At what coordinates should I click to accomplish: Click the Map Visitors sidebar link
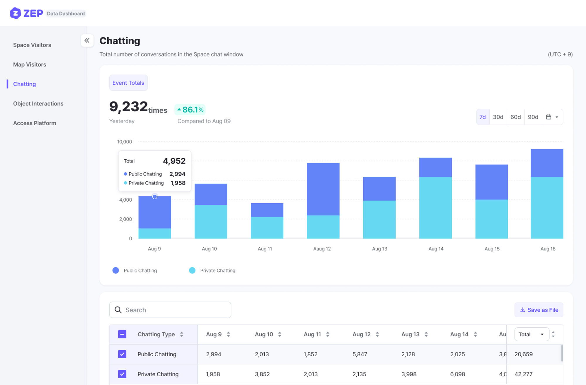[x=30, y=64]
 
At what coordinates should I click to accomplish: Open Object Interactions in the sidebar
[x=38, y=103]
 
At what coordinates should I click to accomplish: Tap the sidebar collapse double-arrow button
[x=87, y=40]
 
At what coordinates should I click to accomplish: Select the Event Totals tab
[x=128, y=83]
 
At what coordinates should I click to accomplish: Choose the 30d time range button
[x=498, y=117]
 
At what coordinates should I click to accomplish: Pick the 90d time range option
[x=533, y=117]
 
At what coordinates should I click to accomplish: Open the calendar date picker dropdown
[x=552, y=117]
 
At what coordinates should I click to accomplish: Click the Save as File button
[x=539, y=310]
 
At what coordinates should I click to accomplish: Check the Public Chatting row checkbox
[x=122, y=354]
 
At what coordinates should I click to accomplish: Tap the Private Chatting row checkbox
[x=122, y=374]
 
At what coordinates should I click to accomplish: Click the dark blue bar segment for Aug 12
[x=323, y=189]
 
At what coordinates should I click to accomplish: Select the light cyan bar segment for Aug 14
[x=435, y=207]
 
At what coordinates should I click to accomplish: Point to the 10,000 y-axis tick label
[x=125, y=142]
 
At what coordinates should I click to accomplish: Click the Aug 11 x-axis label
[x=265, y=249]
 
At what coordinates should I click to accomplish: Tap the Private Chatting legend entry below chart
[x=212, y=270]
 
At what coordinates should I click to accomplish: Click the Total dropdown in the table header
[x=532, y=334]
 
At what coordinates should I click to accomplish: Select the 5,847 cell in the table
[x=360, y=354]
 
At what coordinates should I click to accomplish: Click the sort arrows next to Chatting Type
[x=182, y=334]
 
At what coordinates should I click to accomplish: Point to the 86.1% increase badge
[x=190, y=110]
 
